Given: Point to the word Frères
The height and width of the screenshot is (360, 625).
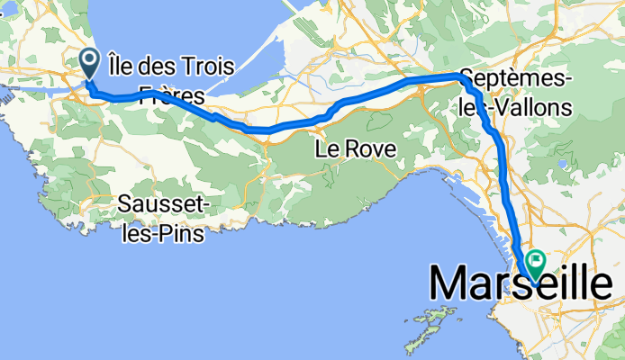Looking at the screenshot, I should pyautogui.click(x=171, y=94).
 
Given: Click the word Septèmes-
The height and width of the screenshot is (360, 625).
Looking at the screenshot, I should pyautogui.click(x=514, y=78).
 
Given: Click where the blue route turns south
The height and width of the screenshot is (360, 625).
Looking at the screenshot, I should pyautogui.click(x=464, y=79).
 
